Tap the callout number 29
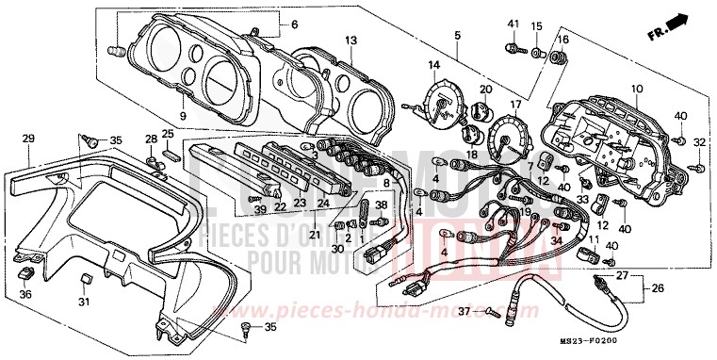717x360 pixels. coord(28,139)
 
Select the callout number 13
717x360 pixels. coord(350,41)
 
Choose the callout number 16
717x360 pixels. coord(564,40)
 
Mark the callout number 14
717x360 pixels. coord(434,65)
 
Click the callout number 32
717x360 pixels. coord(699,142)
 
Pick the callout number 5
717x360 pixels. coord(457,36)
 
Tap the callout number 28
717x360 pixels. coord(151,139)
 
